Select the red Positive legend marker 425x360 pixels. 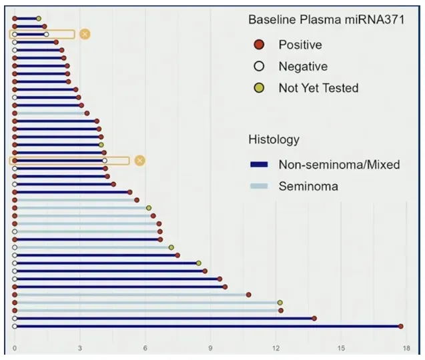click(260, 45)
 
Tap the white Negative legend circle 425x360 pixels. click(260, 67)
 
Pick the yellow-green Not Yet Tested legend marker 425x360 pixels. click(260, 88)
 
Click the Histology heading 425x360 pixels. click(274, 139)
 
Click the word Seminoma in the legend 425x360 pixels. click(308, 187)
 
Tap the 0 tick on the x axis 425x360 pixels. click(15, 348)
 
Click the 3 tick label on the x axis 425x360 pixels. click(80, 348)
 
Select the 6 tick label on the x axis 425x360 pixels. click(145, 348)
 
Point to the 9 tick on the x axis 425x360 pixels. click(211, 348)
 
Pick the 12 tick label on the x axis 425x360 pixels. click(276, 348)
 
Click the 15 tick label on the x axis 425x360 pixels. click(341, 348)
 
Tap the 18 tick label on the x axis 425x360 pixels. click(406, 348)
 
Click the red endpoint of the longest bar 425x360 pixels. click(400, 326)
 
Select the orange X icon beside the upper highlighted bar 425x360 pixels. click(85, 34)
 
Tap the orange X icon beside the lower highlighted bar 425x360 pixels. click(139, 161)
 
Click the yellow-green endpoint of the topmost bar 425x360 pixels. click(39, 19)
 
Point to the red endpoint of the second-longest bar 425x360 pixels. click(314, 318)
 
